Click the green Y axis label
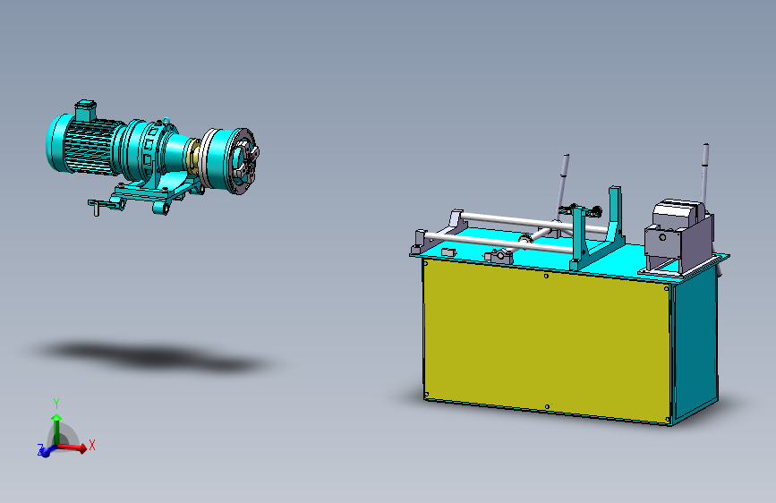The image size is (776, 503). (x=55, y=403)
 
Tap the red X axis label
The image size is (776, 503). (x=92, y=444)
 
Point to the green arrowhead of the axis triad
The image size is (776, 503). (x=55, y=417)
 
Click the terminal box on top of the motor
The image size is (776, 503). (x=85, y=109)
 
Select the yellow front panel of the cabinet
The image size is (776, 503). (x=546, y=341)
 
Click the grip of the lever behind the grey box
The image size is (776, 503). (x=706, y=157)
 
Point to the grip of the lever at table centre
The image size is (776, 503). (x=565, y=167)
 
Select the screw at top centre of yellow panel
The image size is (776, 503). (x=547, y=277)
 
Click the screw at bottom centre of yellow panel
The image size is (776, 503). (x=546, y=408)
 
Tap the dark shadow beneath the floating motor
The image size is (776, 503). (x=152, y=356)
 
